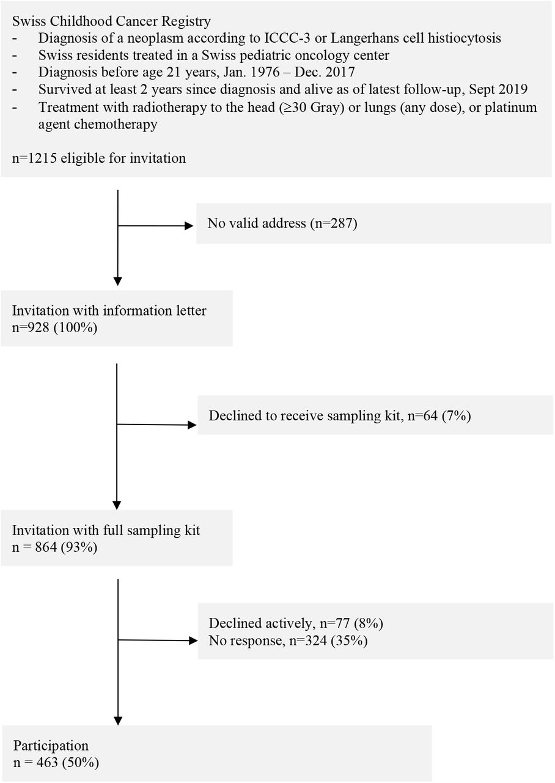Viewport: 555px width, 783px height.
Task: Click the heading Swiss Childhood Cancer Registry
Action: [111, 21]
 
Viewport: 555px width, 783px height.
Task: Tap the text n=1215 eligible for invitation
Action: [99, 158]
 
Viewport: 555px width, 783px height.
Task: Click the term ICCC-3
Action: [287, 38]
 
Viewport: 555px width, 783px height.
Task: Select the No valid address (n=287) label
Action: [282, 223]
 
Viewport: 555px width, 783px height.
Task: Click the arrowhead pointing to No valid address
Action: [189, 226]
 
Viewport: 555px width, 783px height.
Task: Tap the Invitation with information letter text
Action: [109, 310]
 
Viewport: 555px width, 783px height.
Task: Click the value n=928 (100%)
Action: [54, 328]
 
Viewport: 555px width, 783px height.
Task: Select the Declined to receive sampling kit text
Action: [304, 416]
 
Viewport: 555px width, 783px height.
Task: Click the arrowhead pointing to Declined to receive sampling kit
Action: [192, 425]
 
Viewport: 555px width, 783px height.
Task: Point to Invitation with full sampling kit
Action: [106, 530]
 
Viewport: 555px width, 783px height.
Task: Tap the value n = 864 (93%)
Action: [54, 547]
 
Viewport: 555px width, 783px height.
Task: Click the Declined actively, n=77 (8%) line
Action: [296, 623]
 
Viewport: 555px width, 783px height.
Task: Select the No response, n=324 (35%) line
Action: [288, 640]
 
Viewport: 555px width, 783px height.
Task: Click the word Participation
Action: [51, 746]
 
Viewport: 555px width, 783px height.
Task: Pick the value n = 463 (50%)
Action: [56, 762]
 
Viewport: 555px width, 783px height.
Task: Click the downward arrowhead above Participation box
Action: [118, 721]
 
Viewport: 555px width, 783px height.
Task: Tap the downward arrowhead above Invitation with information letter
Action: [118, 281]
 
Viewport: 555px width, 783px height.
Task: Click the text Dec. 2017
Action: [325, 72]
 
